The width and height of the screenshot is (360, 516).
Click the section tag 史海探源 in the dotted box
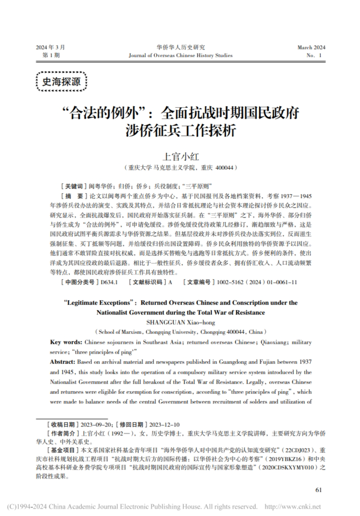61,82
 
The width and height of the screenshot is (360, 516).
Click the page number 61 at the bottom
318,489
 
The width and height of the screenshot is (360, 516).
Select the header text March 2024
311,47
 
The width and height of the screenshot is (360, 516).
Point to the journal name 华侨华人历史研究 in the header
180,47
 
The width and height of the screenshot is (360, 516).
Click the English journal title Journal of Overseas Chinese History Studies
180,56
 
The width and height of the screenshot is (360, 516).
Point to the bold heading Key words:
66,341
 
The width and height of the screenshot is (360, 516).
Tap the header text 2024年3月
50,47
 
